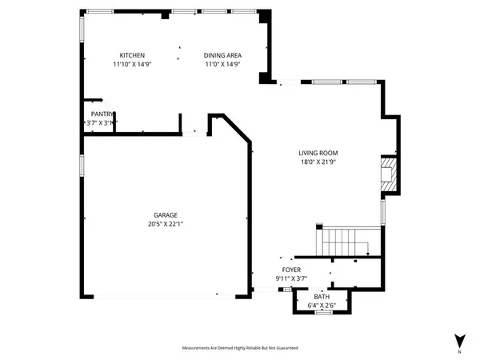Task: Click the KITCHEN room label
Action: pyautogui.click(x=132, y=55)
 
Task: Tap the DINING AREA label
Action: pyautogui.click(x=223, y=55)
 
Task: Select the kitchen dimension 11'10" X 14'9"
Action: pyautogui.click(x=132, y=65)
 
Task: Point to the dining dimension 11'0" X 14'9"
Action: pyautogui.click(x=223, y=65)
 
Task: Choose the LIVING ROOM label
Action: pyautogui.click(x=318, y=153)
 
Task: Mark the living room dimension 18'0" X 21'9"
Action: pyautogui.click(x=318, y=162)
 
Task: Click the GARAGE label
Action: pyautogui.click(x=166, y=214)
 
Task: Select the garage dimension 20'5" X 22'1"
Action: pyautogui.click(x=166, y=224)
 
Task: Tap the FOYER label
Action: pyautogui.click(x=291, y=270)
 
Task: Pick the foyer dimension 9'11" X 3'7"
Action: pyautogui.click(x=291, y=279)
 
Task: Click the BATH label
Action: pyautogui.click(x=321, y=296)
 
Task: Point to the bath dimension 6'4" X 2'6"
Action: pyautogui.click(x=321, y=305)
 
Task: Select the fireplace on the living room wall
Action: pyautogui.click(x=388, y=174)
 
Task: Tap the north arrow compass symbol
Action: pyautogui.click(x=458, y=340)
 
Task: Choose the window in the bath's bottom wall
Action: pyautogui.click(x=323, y=312)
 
